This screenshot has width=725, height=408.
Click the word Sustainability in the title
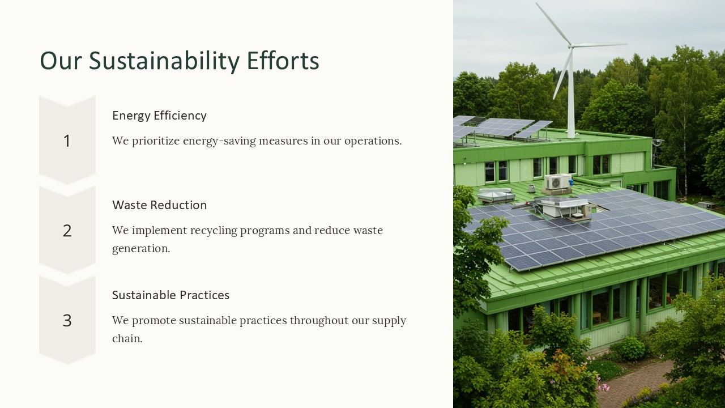(x=164, y=61)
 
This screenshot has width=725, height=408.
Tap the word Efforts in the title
(x=283, y=60)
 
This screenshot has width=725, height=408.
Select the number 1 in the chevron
(x=67, y=141)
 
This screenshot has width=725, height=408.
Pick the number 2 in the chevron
(x=67, y=231)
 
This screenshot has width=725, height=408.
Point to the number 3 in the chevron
(x=67, y=321)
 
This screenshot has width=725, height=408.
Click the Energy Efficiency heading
(x=159, y=116)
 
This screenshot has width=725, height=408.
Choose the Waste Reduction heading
(x=159, y=205)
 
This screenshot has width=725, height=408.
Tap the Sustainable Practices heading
(x=170, y=295)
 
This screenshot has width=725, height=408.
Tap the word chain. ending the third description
(x=127, y=339)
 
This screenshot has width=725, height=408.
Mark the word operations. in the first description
(x=373, y=141)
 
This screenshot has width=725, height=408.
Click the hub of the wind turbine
(x=571, y=46)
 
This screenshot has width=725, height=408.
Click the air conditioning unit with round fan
(x=557, y=182)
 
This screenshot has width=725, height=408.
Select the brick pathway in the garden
(x=634, y=382)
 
